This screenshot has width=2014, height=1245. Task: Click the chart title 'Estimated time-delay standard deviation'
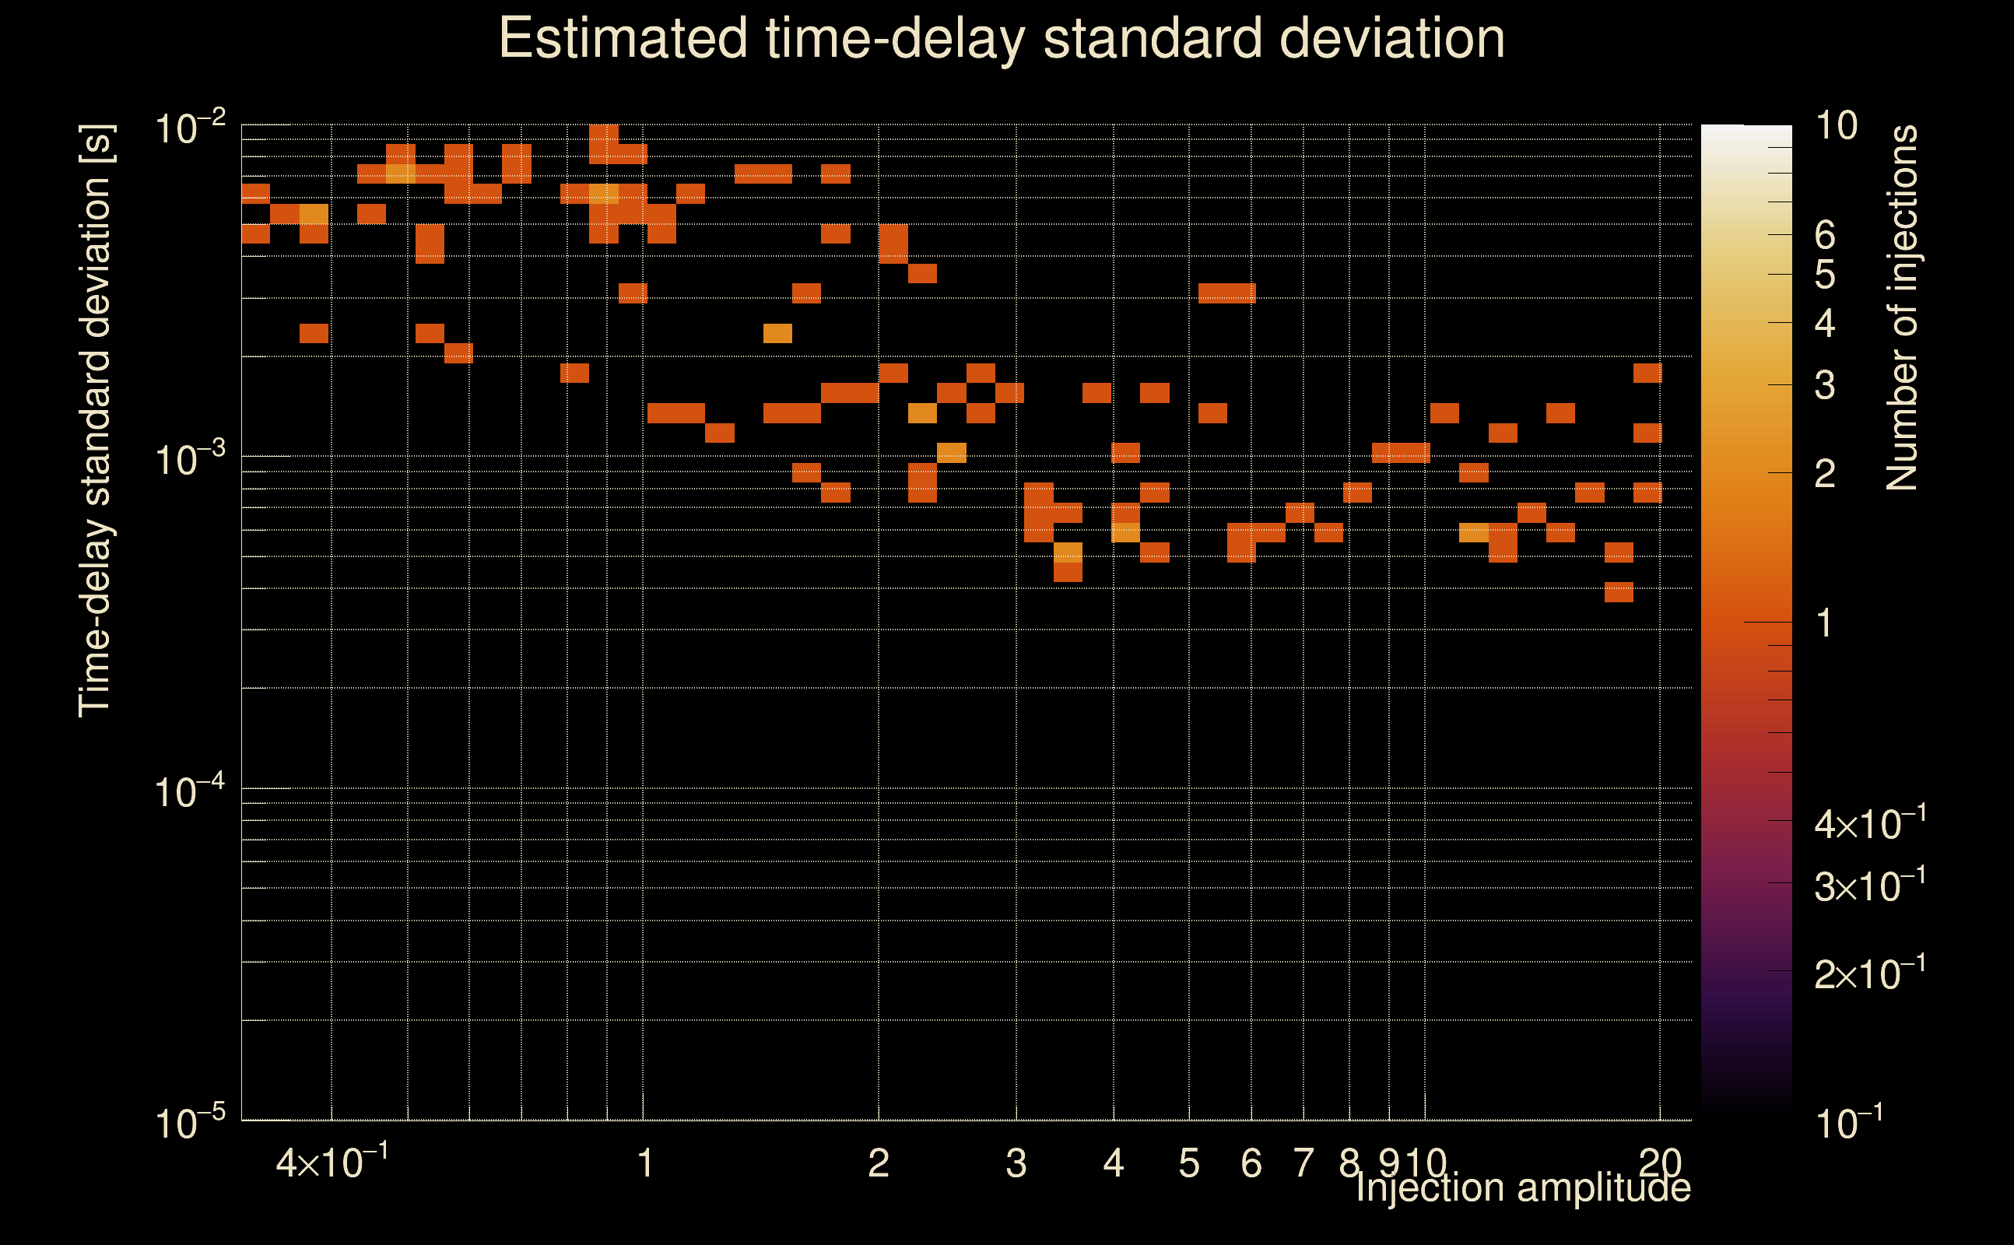click(1002, 39)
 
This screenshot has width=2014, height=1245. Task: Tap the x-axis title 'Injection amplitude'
click(1522, 1188)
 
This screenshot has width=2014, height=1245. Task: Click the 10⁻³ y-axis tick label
click(190, 459)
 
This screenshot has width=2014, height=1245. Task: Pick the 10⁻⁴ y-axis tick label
click(190, 792)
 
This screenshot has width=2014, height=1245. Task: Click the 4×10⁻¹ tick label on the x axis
click(331, 1163)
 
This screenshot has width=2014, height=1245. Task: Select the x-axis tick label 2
click(879, 1163)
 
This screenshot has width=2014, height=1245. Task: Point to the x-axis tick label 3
click(1016, 1163)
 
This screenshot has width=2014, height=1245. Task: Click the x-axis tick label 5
click(1189, 1163)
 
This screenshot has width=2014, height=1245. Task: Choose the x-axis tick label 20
click(1659, 1163)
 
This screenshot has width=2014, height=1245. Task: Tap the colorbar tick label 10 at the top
click(1836, 126)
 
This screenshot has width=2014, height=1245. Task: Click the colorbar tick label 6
click(1825, 236)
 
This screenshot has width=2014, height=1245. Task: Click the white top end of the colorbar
click(1746, 132)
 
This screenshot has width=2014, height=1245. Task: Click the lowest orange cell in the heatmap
click(1619, 592)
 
